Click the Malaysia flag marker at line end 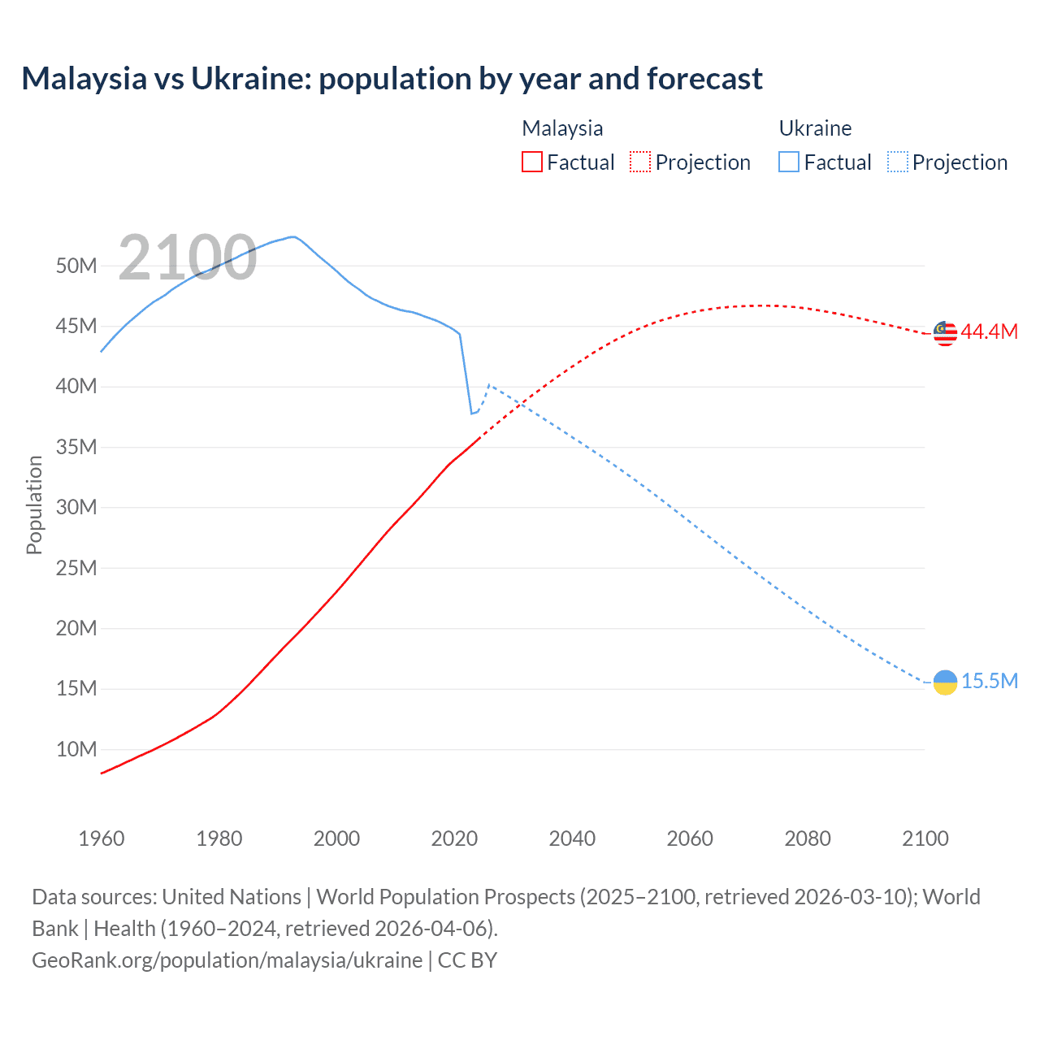pyautogui.click(x=944, y=332)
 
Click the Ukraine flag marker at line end pyautogui.click(x=945, y=682)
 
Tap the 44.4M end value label pyautogui.click(x=989, y=331)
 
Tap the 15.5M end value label pyautogui.click(x=990, y=681)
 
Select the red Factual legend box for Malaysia pyautogui.click(x=531, y=162)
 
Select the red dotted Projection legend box pyautogui.click(x=639, y=162)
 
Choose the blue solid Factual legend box pyautogui.click(x=788, y=162)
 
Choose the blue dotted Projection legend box pyautogui.click(x=897, y=162)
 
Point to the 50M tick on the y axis pyautogui.click(x=76, y=266)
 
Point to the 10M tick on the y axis pyautogui.click(x=76, y=749)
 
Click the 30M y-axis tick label pyautogui.click(x=76, y=507)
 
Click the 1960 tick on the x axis pyautogui.click(x=102, y=838)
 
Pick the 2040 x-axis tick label pyautogui.click(x=572, y=838)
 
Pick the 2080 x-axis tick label pyautogui.click(x=808, y=838)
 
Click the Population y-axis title pyautogui.click(x=34, y=505)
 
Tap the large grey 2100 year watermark pyautogui.click(x=188, y=258)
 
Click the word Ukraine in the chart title pyautogui.click(x=252, y=79)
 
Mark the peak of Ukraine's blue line pyautogui.click(x=292, y=236)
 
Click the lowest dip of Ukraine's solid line pyautogui.click(x=471, y=414)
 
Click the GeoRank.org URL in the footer pyautogui.click(x=227, y=960)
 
